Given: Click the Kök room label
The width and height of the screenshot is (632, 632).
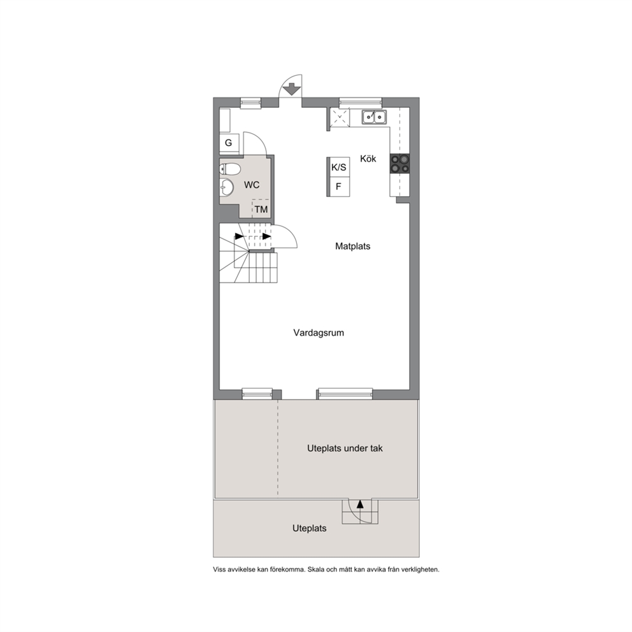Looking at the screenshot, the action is pyautogui.click(x=368, y=159).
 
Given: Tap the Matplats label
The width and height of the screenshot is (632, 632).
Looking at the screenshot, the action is pyautogui.click(x=353, y=247).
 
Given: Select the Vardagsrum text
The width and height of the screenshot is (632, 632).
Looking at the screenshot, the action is pyautogui.click(x=319, y=333).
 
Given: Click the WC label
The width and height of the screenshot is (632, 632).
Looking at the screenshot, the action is pyautogui.click(x=252, y=185).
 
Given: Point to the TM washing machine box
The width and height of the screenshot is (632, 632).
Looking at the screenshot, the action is pyautogui.click(x=261, y=208).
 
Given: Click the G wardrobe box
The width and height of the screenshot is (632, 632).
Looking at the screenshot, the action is pyautogui.click(x=229, y=143).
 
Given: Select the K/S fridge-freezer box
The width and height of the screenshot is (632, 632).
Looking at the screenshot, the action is pyautogui.click(x=338, y=168).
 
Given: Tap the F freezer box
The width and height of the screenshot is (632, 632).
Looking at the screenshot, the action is pyautogui.click(x=338, y=187).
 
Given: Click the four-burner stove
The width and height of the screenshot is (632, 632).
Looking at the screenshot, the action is pyautogui.click(x=399, y=164).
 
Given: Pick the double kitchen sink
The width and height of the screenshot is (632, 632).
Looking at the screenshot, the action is pyautogui.click(x=374, y=117).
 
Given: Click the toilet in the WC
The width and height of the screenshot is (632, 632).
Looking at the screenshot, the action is pyautogui.click(x=230, y=169).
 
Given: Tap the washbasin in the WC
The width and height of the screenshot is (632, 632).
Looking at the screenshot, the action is pyautogui.click(x=227, y=187).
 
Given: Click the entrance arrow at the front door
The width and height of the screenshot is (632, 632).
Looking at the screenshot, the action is pyautogui.click(x=291, y=89).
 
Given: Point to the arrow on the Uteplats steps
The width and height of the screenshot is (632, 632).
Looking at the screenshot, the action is pyautogui.click(x=360, y=504).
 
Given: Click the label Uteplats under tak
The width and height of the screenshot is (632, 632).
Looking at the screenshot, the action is pyautogui.click(x=345, y=449).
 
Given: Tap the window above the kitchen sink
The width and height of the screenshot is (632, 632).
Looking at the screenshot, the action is pyautogui.click(x=361, y=103).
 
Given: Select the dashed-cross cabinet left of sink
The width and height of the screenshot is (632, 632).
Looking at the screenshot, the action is pyautogui.click(x=340, y=118).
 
